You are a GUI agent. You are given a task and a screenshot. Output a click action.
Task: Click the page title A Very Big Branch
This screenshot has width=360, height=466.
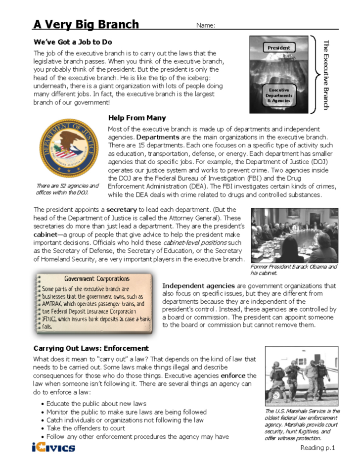(86, 24)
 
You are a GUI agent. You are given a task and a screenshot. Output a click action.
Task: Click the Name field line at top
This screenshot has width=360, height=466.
(277, 26)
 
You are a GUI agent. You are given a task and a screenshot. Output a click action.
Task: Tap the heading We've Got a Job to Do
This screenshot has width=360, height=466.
(72, 42)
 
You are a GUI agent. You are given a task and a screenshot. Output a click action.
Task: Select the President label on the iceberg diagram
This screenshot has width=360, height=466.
(278, 48)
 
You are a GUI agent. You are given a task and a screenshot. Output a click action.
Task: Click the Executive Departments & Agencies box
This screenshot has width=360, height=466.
(279, 95)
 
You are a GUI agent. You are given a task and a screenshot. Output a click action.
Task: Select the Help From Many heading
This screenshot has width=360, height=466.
(136, 118)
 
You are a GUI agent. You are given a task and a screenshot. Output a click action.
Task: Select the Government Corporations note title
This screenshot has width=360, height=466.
(96, 279)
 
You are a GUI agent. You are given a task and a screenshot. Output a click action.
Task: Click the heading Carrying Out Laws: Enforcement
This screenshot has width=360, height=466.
(90, 348)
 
